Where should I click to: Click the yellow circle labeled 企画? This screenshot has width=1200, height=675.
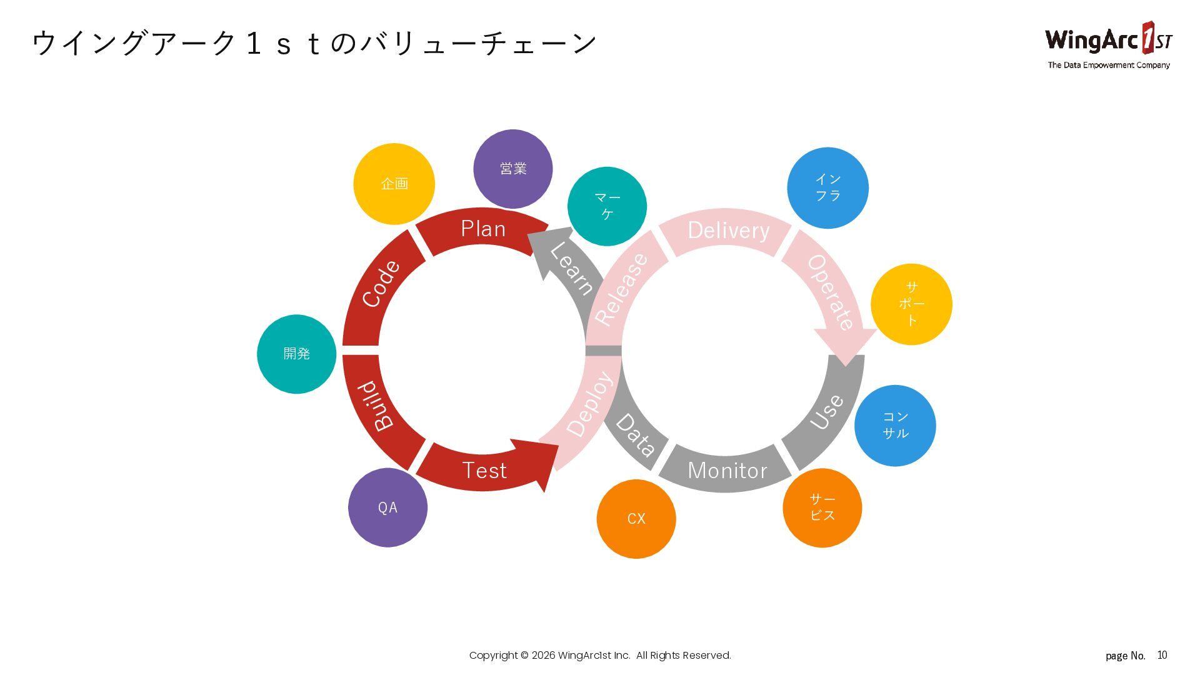point(394,184)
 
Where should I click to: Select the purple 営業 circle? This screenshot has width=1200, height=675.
point(512,169)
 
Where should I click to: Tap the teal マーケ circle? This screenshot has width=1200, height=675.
point(607,206)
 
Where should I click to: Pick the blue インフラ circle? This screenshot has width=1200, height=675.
point(827,187)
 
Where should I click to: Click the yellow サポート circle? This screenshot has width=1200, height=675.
point(911,304)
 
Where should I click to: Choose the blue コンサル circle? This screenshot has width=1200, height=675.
point(895,425)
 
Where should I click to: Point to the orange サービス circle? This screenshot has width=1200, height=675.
point(822,507)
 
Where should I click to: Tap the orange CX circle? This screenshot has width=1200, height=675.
point(636,519)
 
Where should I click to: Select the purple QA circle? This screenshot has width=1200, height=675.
point(387,507)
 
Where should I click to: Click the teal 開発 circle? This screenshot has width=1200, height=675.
point(296,354)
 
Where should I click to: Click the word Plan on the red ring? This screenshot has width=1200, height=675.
point(483,229)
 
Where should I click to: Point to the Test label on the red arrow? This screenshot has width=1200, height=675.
point(484,471)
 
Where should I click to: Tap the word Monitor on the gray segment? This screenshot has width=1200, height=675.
point(727,471)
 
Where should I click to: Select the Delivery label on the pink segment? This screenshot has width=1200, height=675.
point(728,231)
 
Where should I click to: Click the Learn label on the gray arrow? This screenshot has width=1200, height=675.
point(571,268)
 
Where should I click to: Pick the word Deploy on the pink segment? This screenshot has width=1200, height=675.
point(589,404)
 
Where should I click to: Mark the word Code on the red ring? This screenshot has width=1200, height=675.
point(381,284)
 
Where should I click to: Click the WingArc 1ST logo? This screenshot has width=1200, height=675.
point(1108,39)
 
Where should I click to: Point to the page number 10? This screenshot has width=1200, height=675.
point(1162,655)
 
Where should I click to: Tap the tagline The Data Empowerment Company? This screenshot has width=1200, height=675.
point(1108,65)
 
